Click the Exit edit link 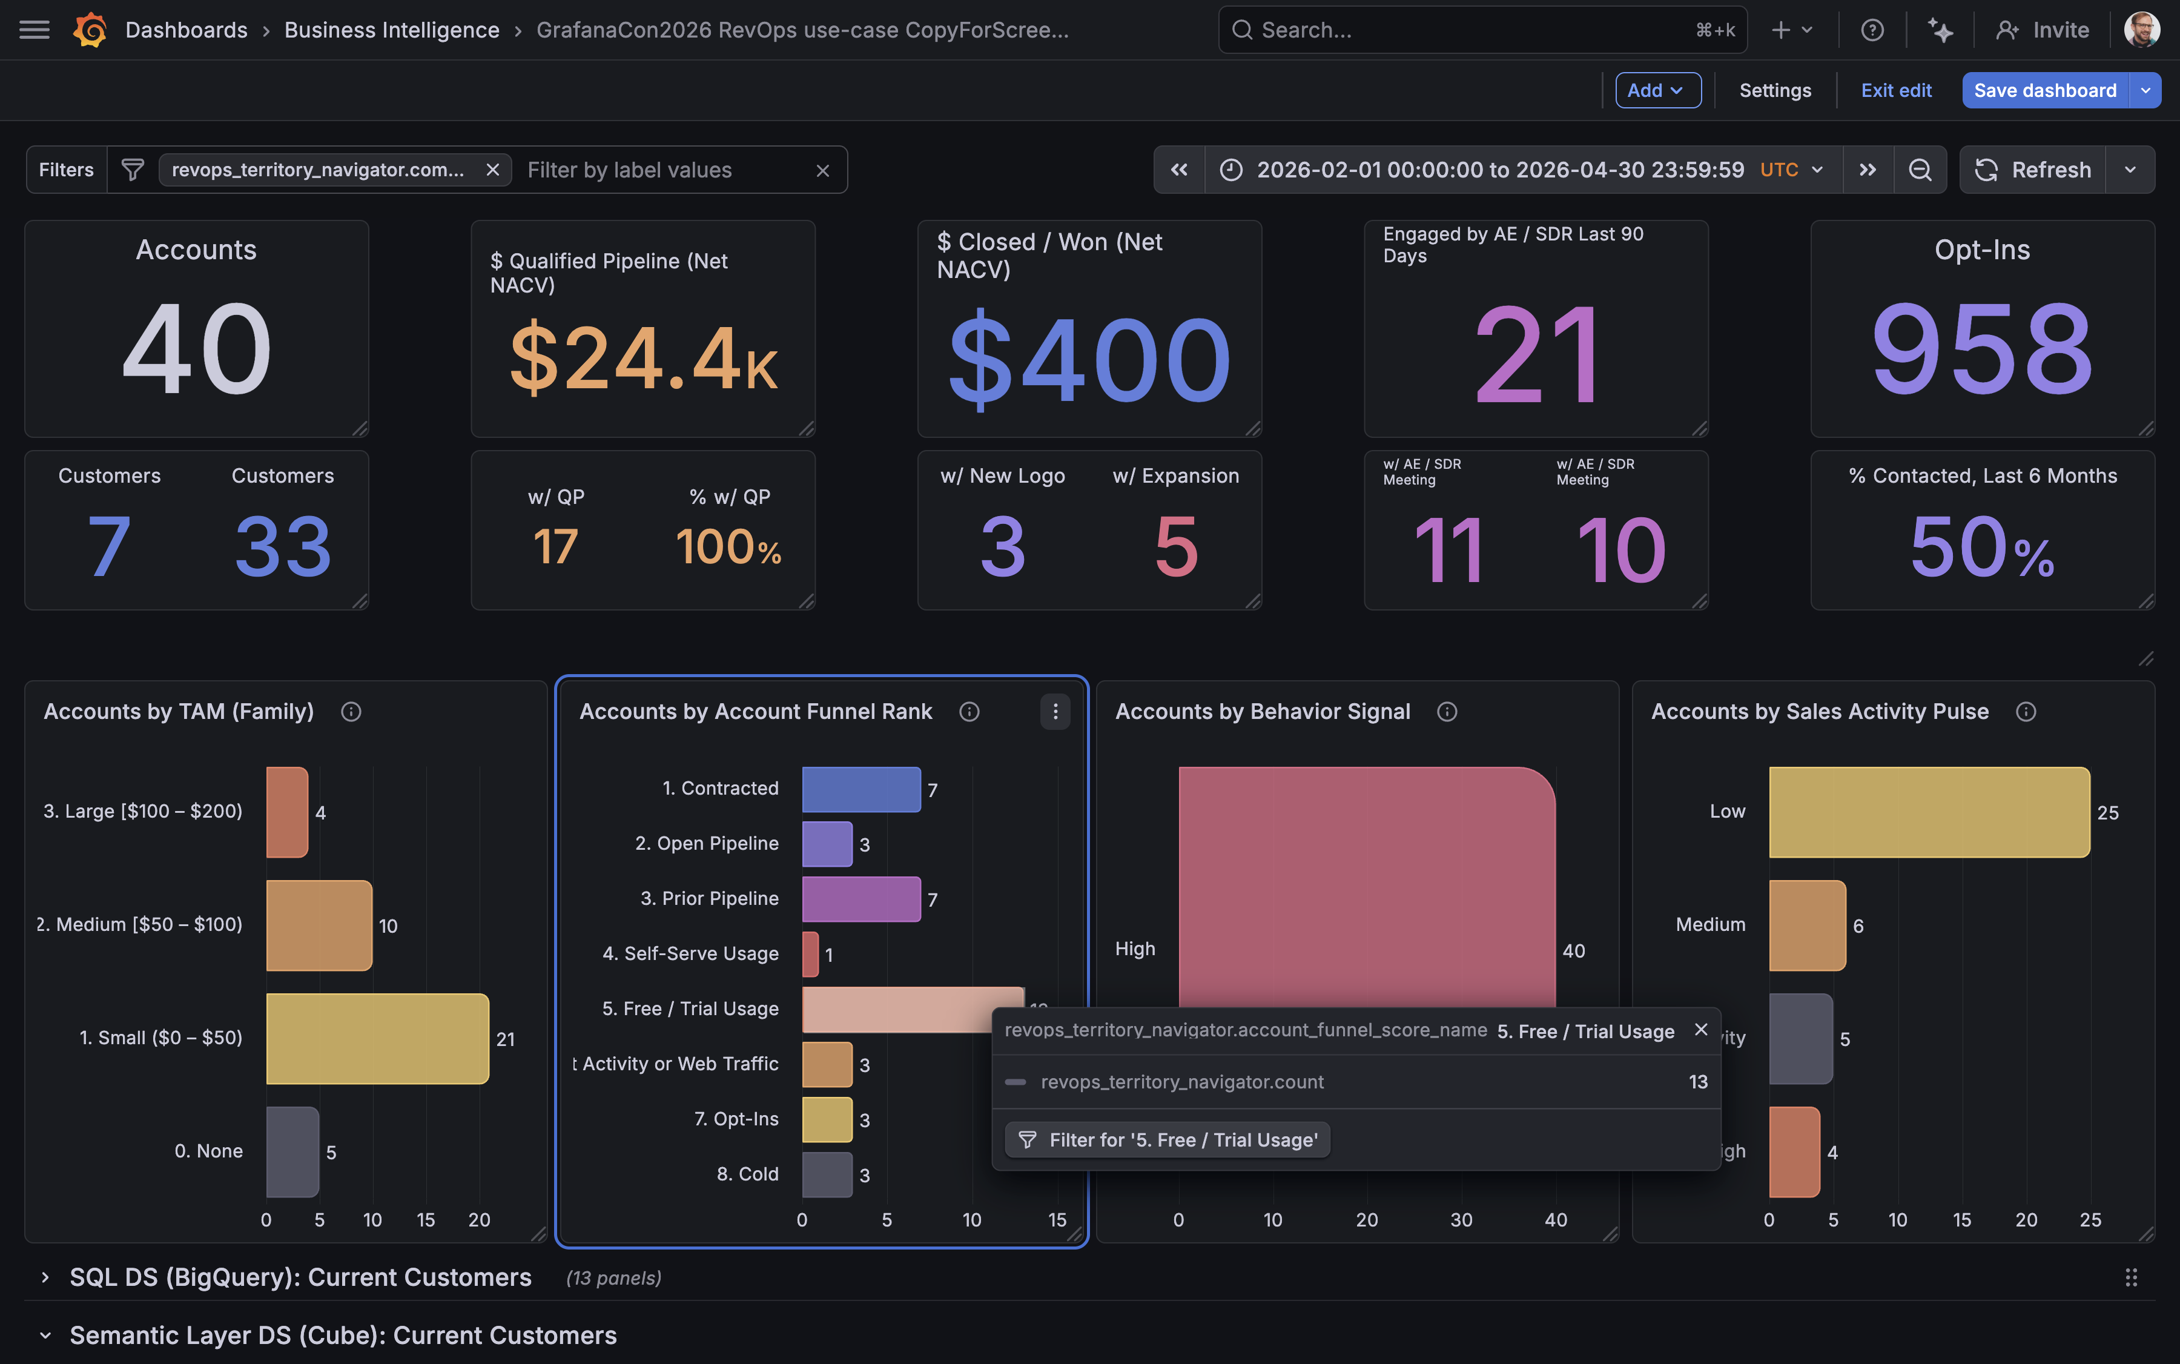tap(1896, 90)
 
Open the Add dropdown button tap(1657, 90)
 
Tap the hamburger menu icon tap(35, 30)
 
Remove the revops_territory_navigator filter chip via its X tap(492, 170)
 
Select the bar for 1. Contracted tap(860, 789)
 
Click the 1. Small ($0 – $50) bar tap(377, 1038)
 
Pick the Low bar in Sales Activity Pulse tap(1928, 812)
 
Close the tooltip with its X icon tap(1700, 1029)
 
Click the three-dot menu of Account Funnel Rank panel tap(1054, 712)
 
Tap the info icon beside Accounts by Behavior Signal tap(1447, 712)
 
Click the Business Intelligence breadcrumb tap(391, 30)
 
